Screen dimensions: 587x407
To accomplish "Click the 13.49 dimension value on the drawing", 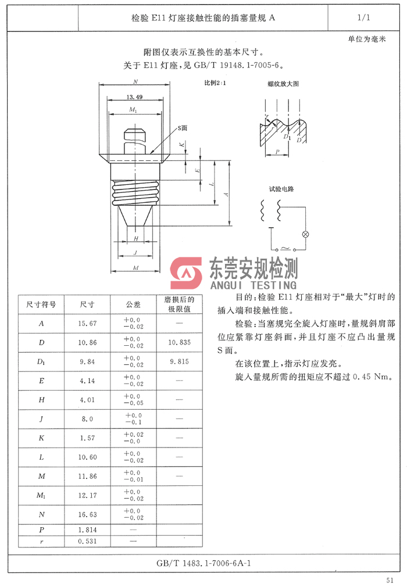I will click(134, 97).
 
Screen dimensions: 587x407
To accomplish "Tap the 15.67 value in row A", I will click(87, 324).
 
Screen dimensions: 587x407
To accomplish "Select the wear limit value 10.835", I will click(180, 343).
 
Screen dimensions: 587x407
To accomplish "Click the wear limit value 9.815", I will click(180, 361).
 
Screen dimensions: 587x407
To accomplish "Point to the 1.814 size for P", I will click(87, 529).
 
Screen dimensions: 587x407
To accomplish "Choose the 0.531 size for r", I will click(87, 541).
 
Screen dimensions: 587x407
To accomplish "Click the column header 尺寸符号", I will click(41, 305).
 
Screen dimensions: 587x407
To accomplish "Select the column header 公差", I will click(133, 305).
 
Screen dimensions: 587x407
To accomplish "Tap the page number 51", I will click(390, 579).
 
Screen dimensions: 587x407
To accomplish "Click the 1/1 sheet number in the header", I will click(364, 18).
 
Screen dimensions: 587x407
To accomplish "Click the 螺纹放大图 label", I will click(283, 84).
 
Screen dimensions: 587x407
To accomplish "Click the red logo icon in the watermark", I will click(185, 274).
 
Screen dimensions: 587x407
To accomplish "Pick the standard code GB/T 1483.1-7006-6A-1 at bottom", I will click(204, 564).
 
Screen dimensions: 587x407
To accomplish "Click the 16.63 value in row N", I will click(87, 514).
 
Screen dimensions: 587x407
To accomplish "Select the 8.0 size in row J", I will click(87, 418).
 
